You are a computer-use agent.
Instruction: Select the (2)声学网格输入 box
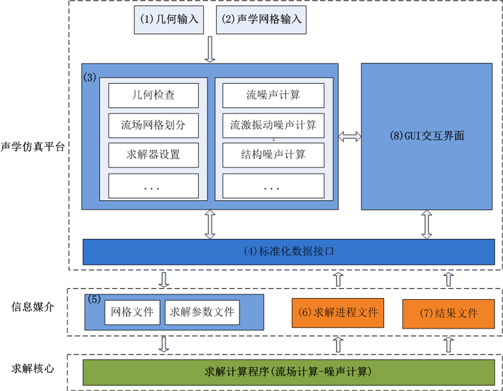(261, 20)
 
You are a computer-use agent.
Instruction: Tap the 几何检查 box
(153, 95)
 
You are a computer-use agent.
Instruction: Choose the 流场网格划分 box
(153, 125)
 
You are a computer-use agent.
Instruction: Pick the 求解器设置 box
(153, 154)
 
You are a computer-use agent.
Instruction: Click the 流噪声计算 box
(273, 95)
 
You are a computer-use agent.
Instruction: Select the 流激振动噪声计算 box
(273, 125)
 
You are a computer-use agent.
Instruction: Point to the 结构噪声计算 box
(273, 154)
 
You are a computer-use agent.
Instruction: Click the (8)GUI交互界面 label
(426, 136)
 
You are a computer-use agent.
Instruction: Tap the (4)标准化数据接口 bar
(288, 251)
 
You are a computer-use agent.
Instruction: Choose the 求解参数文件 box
(202, 312)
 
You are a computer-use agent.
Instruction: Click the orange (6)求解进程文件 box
(338, 313)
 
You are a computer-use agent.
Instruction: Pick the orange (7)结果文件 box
(448, 313)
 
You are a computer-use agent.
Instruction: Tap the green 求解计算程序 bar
(288, 372)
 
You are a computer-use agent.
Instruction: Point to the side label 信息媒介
(33, 307)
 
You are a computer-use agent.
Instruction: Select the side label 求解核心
(33, 368)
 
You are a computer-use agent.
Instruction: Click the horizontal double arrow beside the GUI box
(350, 135)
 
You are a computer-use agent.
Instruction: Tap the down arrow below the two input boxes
(210, 48)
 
